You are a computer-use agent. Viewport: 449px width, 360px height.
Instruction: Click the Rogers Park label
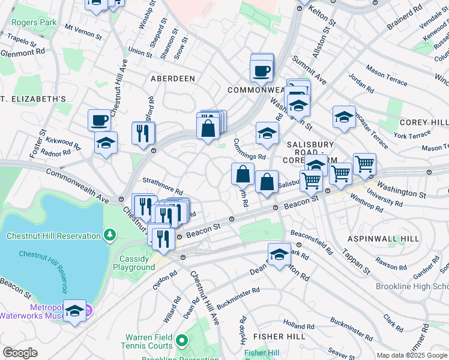coord(34,23)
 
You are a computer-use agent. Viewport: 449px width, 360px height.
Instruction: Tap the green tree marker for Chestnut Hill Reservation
coord(109,233)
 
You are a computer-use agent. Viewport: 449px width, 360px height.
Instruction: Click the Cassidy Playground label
coord(137,263)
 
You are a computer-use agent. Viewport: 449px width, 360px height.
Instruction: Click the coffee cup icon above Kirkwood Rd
coord(99,120)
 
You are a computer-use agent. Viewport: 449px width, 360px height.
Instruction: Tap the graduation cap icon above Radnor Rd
coord(106,142)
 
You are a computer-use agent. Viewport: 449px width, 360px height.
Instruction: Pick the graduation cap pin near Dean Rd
coord(279,254)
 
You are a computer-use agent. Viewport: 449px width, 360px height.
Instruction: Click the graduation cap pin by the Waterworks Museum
coord(74,310)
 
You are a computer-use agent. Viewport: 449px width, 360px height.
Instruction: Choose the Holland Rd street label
coord(294,325)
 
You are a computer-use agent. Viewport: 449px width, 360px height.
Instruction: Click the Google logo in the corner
coord(20,353)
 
